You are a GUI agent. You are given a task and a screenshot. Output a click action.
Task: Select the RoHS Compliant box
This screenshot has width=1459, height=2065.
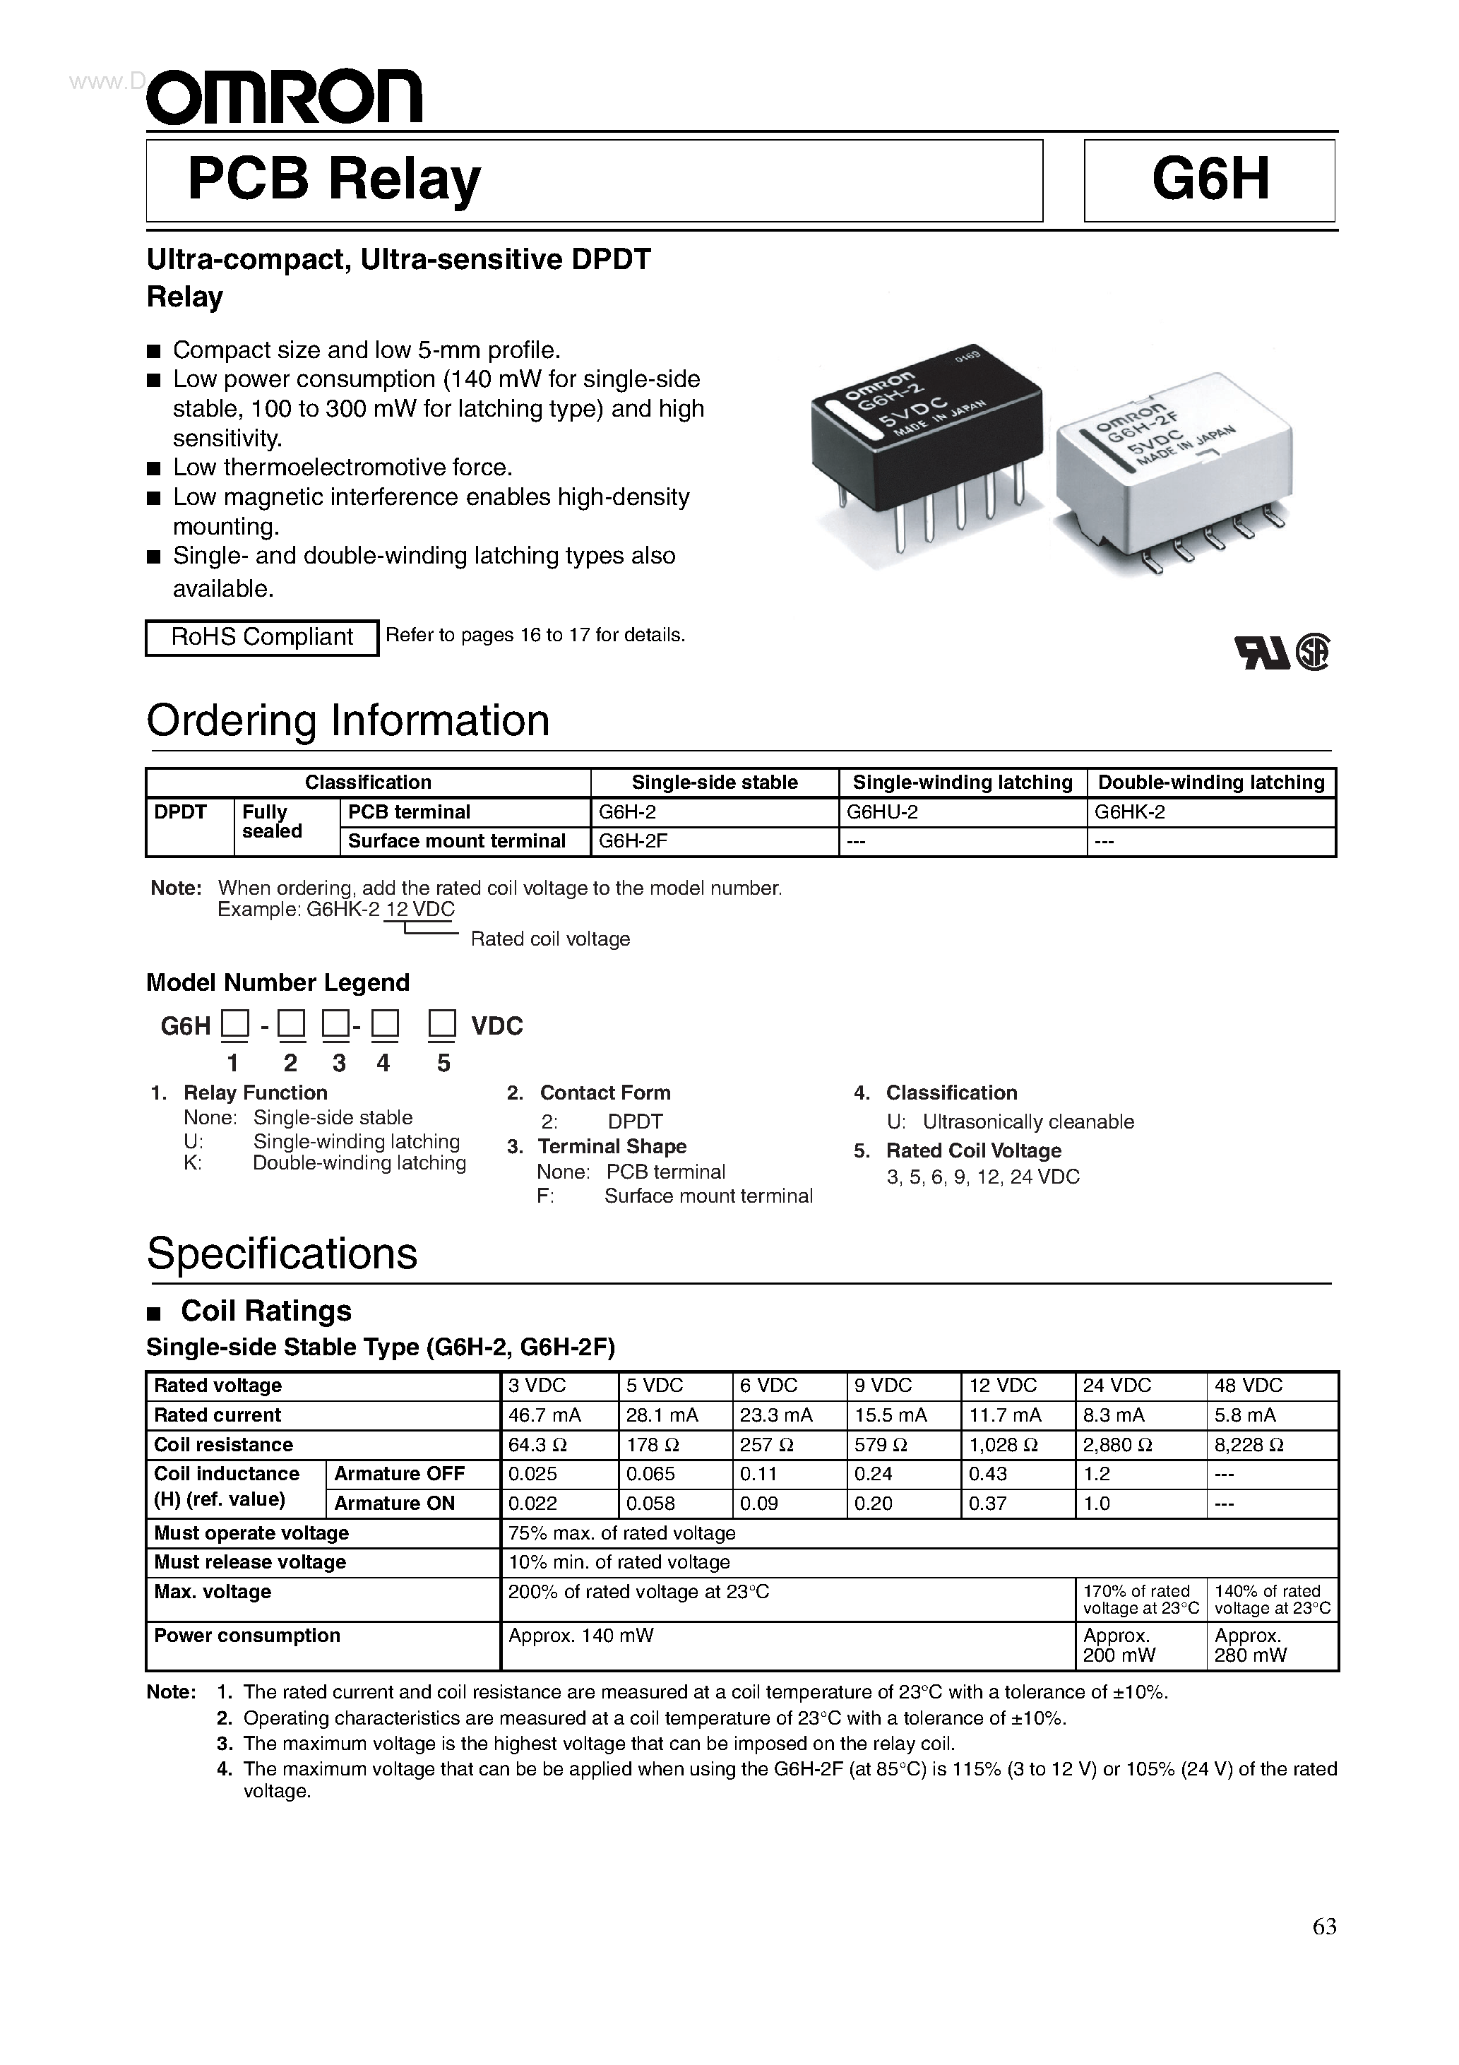pyautogui.click(x=262, y=637)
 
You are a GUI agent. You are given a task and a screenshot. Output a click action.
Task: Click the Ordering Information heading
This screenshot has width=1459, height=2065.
pyautogui.click(x=347, y=721)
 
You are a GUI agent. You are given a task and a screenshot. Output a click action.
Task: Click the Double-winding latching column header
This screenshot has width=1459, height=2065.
pyautogui.click(x=1210, y=782)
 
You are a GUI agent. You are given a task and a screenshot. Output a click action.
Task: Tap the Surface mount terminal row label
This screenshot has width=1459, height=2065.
pyautogui.click(x=456, y=841)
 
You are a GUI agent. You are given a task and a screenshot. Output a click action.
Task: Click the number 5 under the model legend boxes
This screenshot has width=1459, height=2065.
pyautogui.click(x=443, y=1063)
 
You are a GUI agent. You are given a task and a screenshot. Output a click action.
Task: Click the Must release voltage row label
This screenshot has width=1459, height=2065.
pyautogui.click(x=249, y=1561)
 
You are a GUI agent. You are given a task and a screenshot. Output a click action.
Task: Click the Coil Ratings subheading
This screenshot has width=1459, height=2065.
pyautogui.click(x=266, y=1311)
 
